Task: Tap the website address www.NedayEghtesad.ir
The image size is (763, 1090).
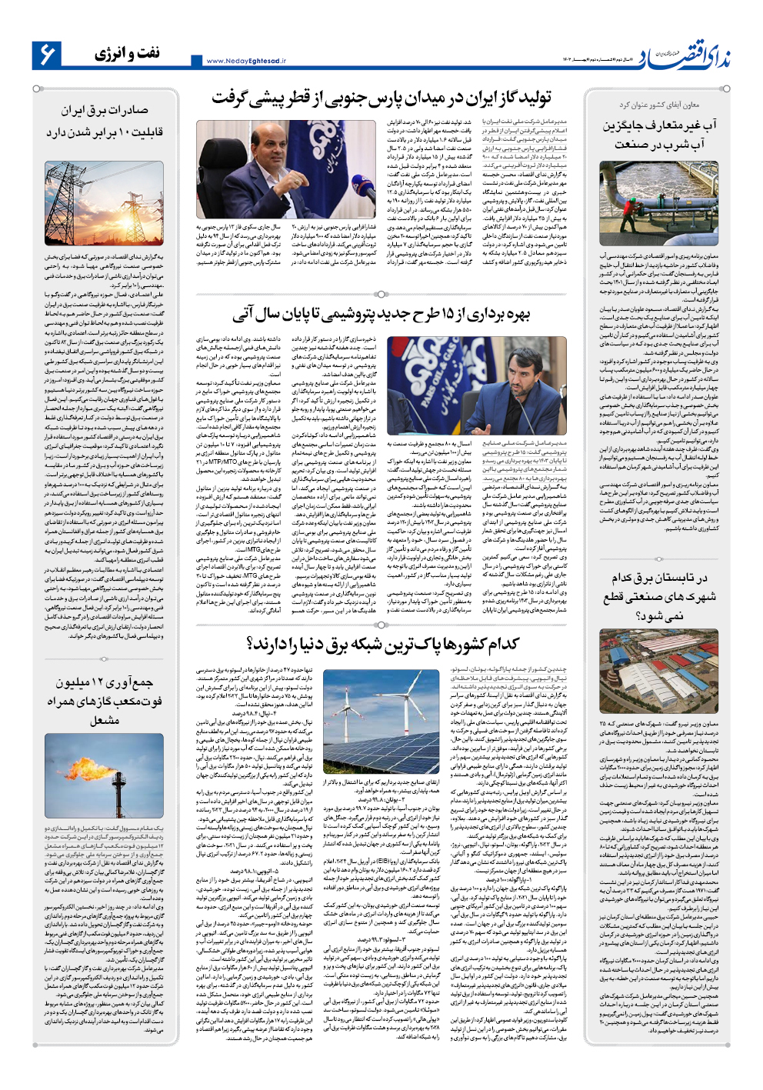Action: pos(246,61)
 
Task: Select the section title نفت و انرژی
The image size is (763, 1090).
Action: pos(128,53)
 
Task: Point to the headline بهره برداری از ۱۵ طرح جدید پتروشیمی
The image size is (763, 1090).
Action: pos(382,314)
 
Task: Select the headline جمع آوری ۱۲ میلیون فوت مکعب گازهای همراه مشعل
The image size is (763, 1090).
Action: pos(105,701)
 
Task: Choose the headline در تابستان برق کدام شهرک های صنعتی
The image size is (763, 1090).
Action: pos(658,596)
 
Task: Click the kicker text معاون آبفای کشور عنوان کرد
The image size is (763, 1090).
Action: pos(659,105)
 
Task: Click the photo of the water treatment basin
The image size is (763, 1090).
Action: pos(658,204)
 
